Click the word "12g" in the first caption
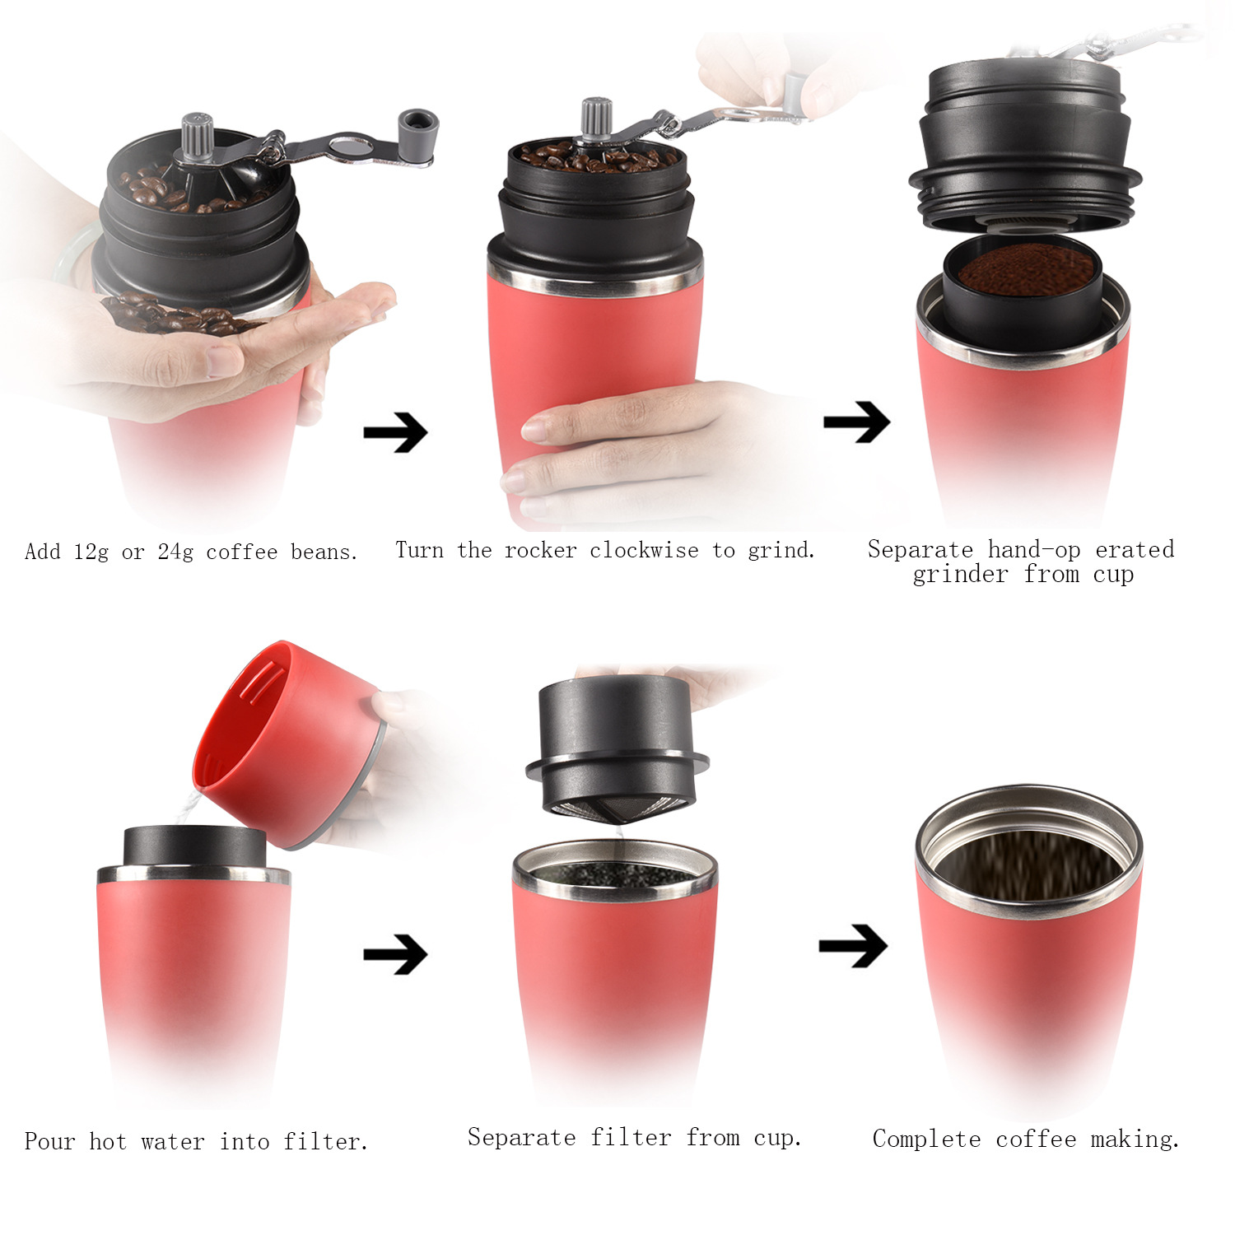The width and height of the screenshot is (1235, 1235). tap(91, 552)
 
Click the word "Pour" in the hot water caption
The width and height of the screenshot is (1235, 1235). tap(50, 1141)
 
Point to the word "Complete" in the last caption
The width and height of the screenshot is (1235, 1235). tap(927, 1139)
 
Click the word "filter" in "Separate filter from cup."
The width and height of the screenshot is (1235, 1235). tap(631, 1137)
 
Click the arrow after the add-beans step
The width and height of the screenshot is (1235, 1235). tap(396, 431)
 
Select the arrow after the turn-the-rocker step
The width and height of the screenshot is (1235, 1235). tap(857, 422)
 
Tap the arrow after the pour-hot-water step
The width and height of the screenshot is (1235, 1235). tap(396, 954)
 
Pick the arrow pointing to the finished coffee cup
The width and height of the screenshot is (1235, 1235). tap(853, 945)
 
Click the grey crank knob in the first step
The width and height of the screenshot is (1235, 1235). tap(419, 128)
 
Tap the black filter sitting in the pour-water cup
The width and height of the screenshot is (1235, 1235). tap(194, 845)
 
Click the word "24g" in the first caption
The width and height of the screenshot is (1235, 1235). tap(175, 552)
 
